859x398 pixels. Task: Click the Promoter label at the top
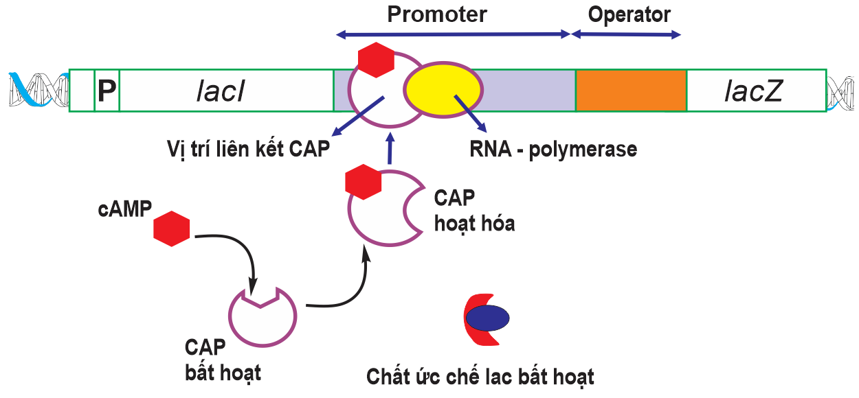[437, 14]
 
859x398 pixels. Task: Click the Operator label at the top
[629, 14]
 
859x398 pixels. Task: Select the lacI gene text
[221, 91]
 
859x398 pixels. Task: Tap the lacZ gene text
[753, 91]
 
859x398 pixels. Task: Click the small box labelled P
[107, 91]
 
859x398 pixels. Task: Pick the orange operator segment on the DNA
[631, 91]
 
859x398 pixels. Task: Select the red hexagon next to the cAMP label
[171, 229]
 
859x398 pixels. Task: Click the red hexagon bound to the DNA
[376, 60]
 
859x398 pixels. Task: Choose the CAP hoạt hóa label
[474, 211]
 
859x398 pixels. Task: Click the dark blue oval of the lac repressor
[487, 318]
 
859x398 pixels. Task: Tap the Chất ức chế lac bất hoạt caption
[480, 377]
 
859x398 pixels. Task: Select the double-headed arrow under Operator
[627, 34]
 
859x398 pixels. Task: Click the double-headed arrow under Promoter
[453, 34]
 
